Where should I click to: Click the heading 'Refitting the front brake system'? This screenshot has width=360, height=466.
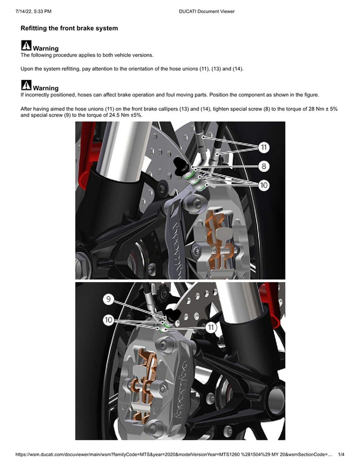coord(69,28)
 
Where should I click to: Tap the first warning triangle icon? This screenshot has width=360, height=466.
coord(26,46)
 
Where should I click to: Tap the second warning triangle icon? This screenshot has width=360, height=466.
coord(26,85)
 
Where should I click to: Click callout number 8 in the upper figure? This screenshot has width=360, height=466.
coord(264,166)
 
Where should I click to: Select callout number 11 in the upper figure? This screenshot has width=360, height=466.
coord(264,147)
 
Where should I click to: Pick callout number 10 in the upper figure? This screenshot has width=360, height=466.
coord(264,185)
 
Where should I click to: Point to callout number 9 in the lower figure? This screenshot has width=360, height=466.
coord(109,299)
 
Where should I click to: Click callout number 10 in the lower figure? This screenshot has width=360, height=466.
coord(109,320)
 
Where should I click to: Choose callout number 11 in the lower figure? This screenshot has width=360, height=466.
coord(211,328)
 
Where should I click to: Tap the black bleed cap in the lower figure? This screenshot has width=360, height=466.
coord(173,316)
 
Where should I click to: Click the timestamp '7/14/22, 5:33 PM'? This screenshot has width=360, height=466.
coord(33,11)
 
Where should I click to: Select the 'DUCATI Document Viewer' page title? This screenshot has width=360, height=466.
coord(207,11)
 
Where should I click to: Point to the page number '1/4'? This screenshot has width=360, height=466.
coord(341,455)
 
